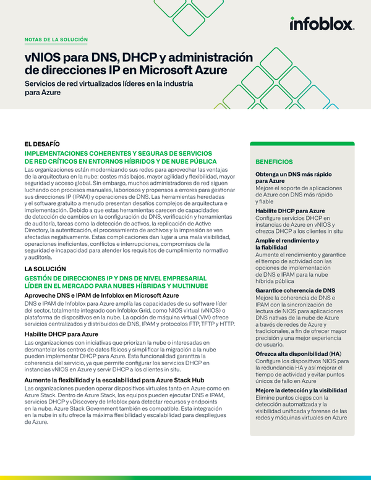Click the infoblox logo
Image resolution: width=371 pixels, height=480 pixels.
(x=322, y=24)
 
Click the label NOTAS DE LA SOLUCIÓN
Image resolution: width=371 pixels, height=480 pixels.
(x=56, y=40)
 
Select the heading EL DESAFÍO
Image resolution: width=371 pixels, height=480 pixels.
(x=42, y=144)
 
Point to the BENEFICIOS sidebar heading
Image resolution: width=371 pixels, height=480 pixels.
(x=275, y=161)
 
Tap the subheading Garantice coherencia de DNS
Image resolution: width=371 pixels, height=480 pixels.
(x=295, y=290)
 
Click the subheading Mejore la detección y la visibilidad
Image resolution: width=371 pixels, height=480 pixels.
(x=301, y=390)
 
